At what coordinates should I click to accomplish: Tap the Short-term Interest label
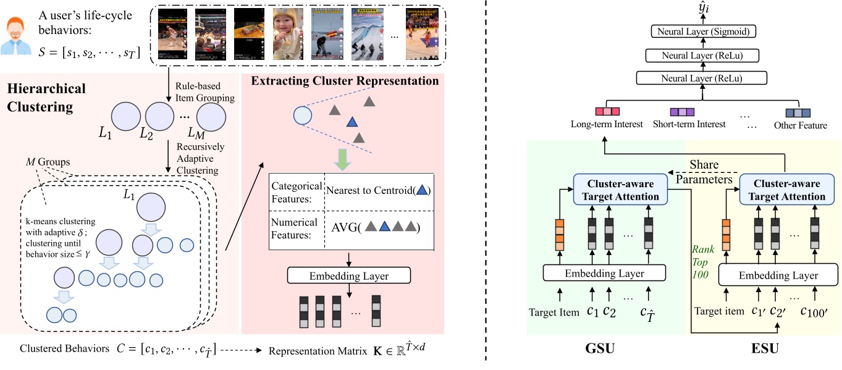689,125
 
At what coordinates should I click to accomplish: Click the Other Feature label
800,125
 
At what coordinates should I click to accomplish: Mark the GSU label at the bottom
599,348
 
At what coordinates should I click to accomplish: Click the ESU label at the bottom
765,348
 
